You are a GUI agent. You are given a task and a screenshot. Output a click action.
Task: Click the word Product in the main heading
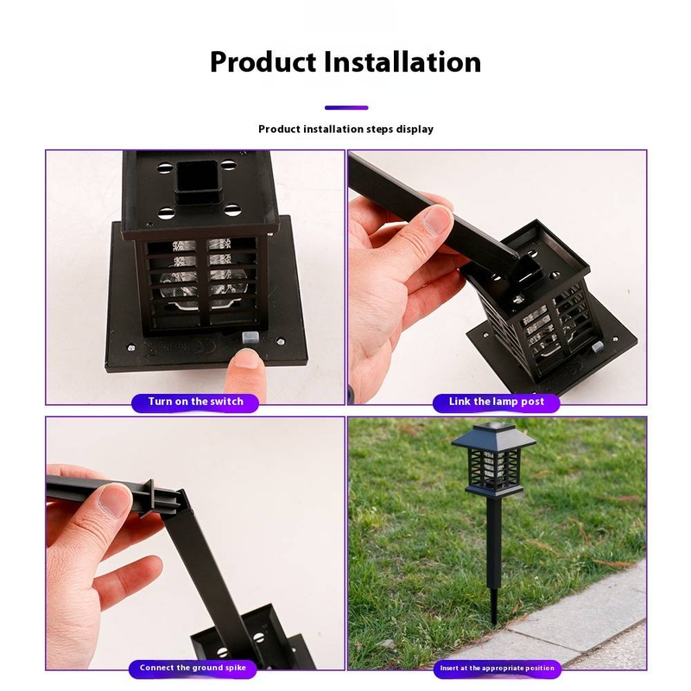coord(263,61)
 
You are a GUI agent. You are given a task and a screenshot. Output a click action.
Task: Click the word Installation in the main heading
coord(403,61)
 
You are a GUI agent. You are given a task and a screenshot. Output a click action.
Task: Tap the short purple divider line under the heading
coord(346,107)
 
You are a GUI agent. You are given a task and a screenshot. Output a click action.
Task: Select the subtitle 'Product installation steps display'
coord(346,129)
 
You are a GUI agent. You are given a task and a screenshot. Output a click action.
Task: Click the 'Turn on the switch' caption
coord(195,402)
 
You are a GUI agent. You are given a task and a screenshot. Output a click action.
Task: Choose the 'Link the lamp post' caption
coord(496,402)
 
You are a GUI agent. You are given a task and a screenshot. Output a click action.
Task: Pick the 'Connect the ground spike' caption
coord(193,668)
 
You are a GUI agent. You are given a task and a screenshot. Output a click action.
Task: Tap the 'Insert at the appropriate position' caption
coord(498,668)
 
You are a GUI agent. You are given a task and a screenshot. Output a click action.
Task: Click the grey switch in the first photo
coord(250,339)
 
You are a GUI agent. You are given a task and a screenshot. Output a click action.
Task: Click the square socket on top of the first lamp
coord(198,182)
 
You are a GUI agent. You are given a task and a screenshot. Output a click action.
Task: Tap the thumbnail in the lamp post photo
coord(435,220)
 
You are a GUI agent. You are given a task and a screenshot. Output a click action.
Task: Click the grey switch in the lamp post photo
coord(598,347)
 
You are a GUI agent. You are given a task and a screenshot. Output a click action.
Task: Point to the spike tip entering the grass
coord(494,622)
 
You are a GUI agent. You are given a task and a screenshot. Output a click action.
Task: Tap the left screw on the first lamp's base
coord(131,348)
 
